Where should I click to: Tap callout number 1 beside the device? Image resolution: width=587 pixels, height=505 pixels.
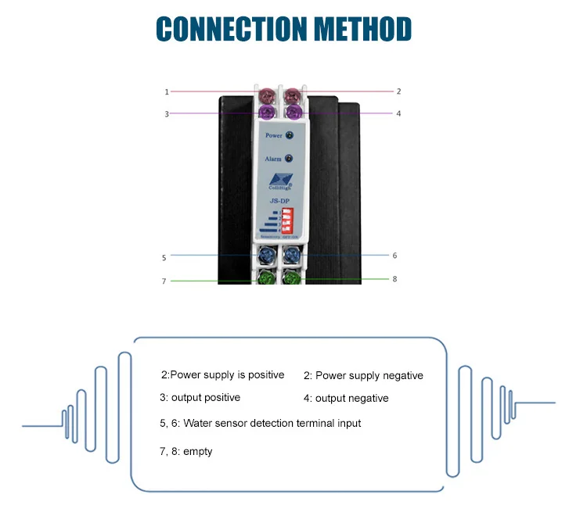point(167,91)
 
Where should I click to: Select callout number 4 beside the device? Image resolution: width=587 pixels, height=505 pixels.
point(398,113)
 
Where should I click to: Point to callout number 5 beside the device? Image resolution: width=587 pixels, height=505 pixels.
point(164,256)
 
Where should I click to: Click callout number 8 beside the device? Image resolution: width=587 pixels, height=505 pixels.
point(394,278)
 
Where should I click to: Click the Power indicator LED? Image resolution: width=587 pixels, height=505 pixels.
point(290,136)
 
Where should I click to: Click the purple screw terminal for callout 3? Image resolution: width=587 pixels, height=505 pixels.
point(268,114)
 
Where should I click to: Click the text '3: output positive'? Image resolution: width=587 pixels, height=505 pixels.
point(200,397)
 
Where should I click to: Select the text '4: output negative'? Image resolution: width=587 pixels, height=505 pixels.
point(346,398)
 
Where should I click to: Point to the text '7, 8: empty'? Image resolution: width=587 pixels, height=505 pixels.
point(185,451)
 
